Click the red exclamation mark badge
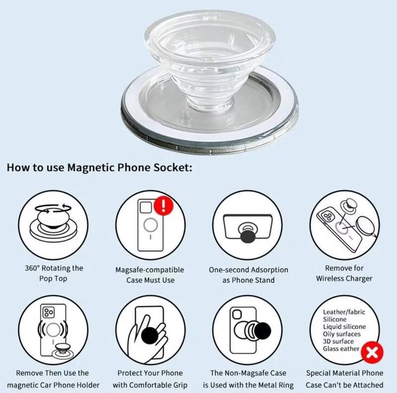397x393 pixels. pyautogui.click(x=164, y=205)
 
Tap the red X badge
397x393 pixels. pyautogui.click(x=372, y=352)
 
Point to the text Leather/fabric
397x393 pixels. pyautogui.click(x=344, y=312)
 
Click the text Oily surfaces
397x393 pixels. pyautogui.click(x=341, y=334)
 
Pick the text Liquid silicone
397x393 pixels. pyautogui.click(x=344, y=327)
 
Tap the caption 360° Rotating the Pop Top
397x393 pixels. pyautogui.click(x=54, y=273)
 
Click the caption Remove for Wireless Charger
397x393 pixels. pyautogui.click(x=344, y=273)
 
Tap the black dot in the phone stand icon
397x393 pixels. pyautogui.click(x=248, y=237)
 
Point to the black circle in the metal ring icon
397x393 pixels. pyautogui.click(x=263, y=331)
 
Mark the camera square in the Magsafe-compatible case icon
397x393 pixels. pyautogui.click(x=145, y=207)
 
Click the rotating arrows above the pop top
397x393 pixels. pyautogui.click(x=53, y=209)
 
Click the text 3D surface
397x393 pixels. pyautogui.click(x=338, y=341)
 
